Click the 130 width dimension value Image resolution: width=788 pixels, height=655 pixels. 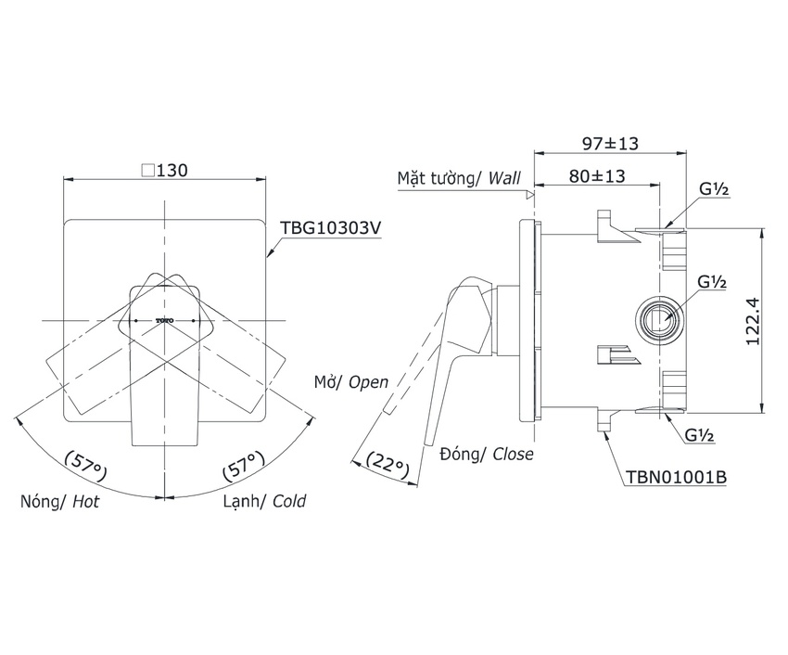click(x=172, y=171)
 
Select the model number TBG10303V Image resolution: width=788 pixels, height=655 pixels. click(x=331, y=228)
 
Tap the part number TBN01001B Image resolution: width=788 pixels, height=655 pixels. click(x=677, y=477)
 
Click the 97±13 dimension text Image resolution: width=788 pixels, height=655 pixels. click(x=610, y=144)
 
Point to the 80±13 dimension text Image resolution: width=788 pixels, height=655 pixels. click(x=597, y=176)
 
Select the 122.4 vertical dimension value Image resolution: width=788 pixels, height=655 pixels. click(x=753, y=321)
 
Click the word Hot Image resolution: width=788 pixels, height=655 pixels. click(x=86, y=502)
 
